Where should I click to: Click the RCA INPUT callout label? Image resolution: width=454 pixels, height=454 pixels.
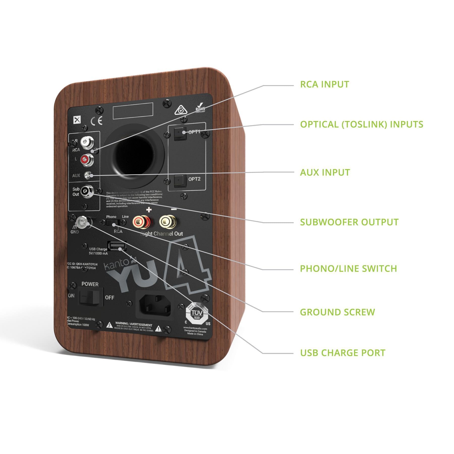[324, 84]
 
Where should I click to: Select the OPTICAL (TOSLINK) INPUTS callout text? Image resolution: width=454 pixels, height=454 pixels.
[361, 124]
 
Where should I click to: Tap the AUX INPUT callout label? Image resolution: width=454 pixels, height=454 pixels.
[325, 173]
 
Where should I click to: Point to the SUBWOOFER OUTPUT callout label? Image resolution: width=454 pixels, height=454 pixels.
[349, 222]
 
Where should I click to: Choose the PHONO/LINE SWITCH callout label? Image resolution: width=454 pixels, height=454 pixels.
[348, 268]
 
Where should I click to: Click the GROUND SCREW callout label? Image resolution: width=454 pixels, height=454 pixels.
[337, 312]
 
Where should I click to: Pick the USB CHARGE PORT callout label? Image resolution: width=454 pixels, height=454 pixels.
[343, 353]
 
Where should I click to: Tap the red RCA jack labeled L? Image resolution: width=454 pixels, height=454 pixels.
[86, 159]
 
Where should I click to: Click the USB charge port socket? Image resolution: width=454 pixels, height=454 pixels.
[117, 246]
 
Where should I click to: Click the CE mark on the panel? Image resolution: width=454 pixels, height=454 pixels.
[96, 121]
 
